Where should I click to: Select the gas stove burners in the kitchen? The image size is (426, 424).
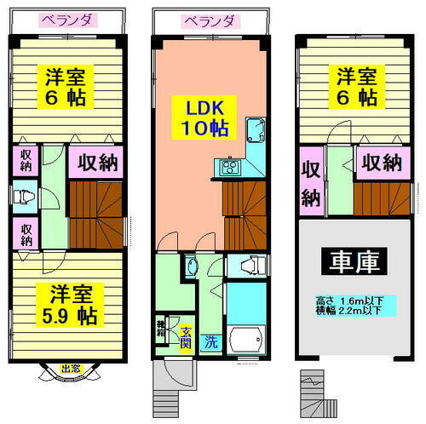pos(232,167)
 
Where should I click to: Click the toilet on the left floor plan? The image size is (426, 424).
pos(25,198)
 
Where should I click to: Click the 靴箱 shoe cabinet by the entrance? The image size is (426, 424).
pos(162,326)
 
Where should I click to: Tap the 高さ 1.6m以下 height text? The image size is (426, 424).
pos(344,301)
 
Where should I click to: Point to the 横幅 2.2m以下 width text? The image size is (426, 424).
pos(344,312)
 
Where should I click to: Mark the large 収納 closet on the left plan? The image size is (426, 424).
pos(95,163)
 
